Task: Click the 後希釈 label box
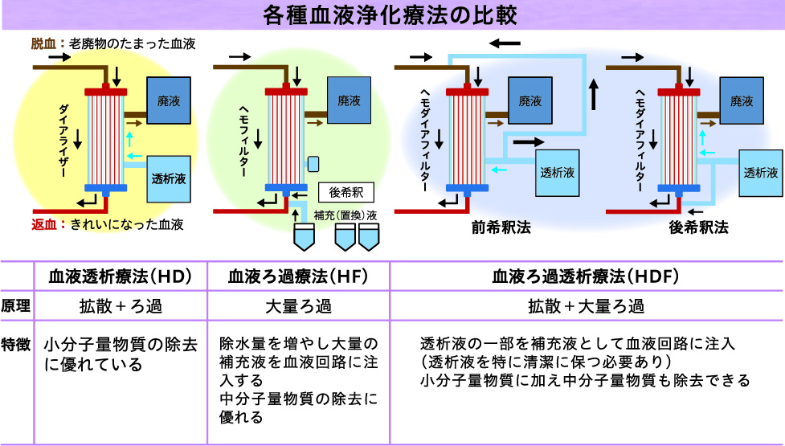pos(346,193)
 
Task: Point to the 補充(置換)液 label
pos(345,215)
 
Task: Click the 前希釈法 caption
pos(501,227)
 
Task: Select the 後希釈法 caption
pos(698,227)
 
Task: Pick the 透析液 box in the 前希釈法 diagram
pos(558,172)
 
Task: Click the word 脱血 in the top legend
pos(44,43)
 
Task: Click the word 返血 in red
pos(44,224)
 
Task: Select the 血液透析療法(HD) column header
pos(119,276)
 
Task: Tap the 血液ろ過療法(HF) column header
pos(298,276)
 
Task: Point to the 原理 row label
pos(16,306)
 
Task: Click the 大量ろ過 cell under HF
pos(298,306)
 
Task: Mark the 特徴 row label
pos(16,343)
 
